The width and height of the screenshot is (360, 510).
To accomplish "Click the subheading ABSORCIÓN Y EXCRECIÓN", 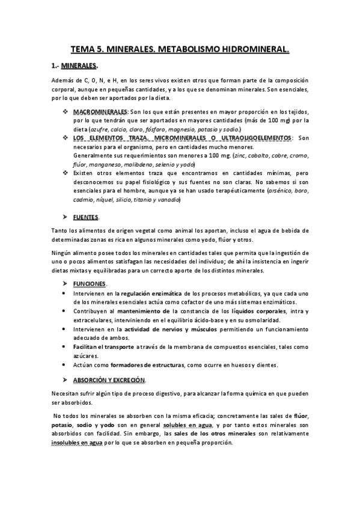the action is click(x=109, y=380).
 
